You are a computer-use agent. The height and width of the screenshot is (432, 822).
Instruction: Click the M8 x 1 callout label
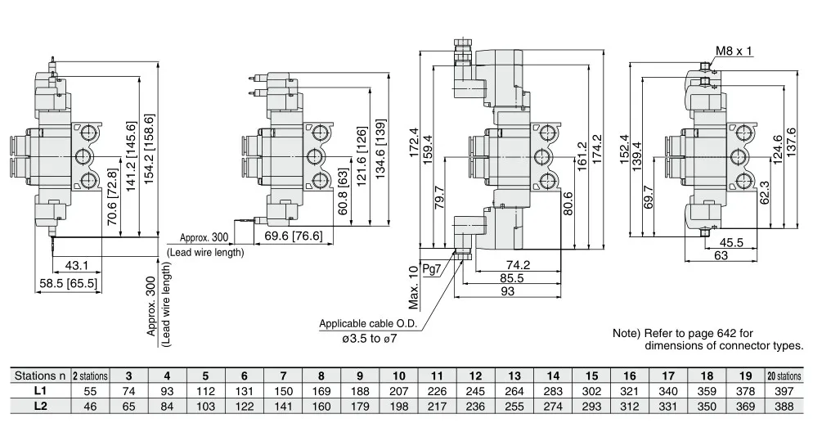tap(734, 51)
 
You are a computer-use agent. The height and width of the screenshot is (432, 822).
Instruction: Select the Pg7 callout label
tap(431, 269)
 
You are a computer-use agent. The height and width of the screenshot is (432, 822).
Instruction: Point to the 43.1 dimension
tap(77, 266)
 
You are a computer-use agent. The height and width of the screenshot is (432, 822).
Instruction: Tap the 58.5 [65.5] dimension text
tap(69, 284)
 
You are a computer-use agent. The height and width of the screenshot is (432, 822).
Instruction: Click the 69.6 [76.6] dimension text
tap(293, 236)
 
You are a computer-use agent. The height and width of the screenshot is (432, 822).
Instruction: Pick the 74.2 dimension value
tap(518, 265)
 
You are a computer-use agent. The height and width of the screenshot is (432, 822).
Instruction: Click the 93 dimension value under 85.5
tap(507, 291)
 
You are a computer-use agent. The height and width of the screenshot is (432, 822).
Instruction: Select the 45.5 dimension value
tap(731, 243)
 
